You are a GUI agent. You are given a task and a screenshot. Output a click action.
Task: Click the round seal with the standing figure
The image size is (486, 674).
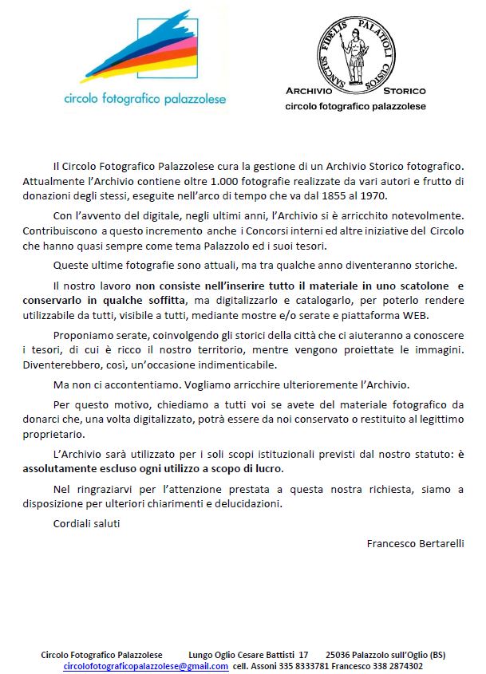355,47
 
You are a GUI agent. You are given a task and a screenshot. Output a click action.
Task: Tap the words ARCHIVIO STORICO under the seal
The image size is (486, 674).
356,91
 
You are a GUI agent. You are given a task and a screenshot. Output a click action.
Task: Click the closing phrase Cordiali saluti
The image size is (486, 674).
86,523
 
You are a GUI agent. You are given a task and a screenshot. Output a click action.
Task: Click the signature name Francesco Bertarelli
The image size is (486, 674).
415,543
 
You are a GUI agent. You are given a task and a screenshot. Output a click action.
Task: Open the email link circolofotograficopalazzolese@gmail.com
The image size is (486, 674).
145,665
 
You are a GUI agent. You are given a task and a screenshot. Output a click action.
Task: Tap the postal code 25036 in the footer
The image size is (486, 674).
340,655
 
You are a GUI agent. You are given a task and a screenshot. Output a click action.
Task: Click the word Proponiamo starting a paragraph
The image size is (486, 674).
85,336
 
